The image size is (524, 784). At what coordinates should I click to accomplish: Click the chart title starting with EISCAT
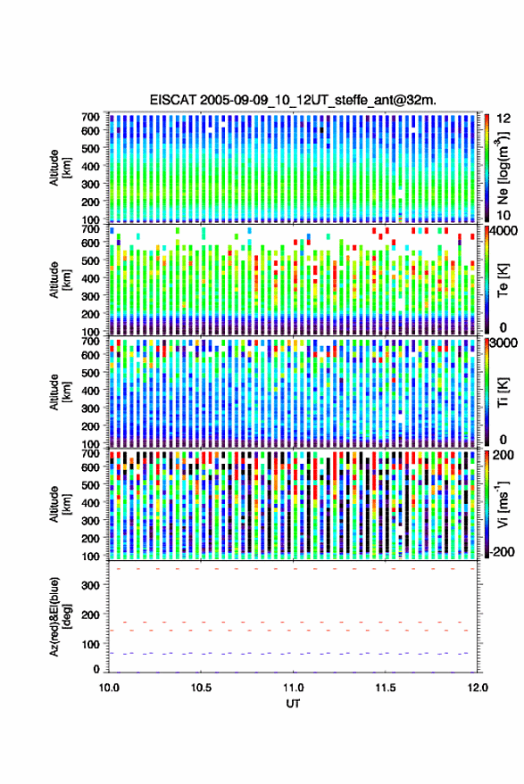293,100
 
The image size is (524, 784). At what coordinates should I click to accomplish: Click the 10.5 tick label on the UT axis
201,688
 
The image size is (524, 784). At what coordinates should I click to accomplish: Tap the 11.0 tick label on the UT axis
294,688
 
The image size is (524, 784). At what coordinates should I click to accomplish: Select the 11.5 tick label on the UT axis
385,688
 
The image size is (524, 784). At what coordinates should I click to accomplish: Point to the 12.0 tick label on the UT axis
478,688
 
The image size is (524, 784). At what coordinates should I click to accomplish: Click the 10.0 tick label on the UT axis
109,688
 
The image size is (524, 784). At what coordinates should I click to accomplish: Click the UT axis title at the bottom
293,704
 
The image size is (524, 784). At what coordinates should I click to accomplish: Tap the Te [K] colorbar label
503,280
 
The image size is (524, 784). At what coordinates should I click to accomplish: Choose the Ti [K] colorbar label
503,392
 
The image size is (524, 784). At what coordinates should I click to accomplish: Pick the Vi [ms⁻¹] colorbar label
503,504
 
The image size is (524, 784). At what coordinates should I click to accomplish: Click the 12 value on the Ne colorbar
504,119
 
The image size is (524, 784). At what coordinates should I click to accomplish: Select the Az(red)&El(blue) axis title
61,616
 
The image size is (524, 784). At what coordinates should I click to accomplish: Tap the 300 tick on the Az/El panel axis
91,585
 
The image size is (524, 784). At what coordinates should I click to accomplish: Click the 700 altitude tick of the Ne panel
90,117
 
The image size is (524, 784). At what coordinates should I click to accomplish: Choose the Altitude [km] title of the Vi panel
60,504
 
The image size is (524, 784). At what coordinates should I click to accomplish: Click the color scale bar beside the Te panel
487,279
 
